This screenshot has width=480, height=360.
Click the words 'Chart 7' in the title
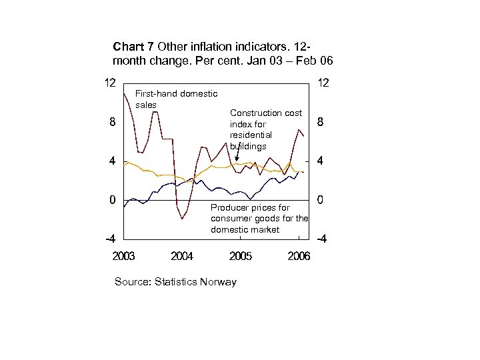(134, 47)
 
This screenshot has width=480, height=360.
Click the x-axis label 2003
(124, 256)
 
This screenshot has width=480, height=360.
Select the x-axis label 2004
(182, 256)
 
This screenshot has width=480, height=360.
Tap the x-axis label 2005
(240, 256)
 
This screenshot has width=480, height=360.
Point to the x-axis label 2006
(298, 256)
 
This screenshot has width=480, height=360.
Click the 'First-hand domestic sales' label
(175, 99)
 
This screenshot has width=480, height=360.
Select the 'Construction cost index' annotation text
(265, 129)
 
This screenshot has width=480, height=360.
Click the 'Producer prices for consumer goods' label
(259, 219)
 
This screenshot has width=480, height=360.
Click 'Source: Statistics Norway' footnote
(175, 282)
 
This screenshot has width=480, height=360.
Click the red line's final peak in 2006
(299, 129)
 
